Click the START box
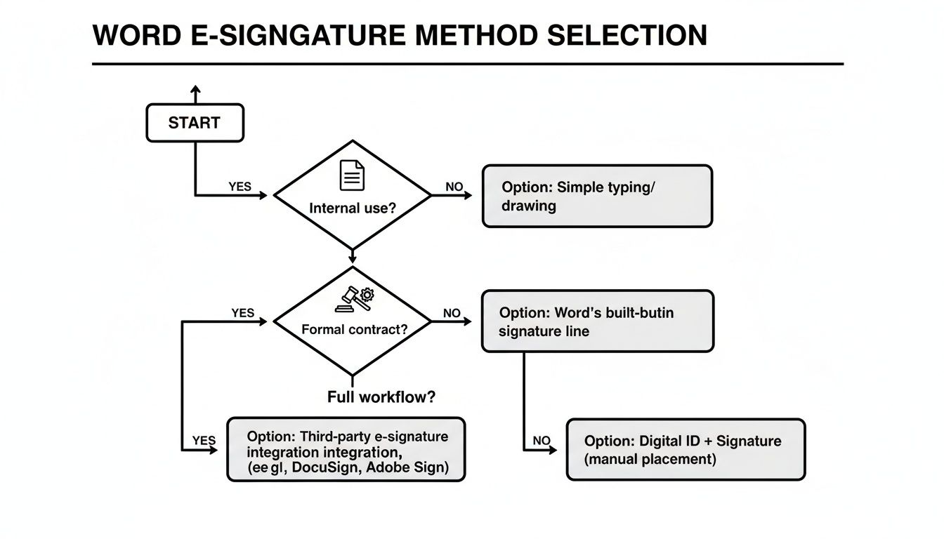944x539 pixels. point(195,123)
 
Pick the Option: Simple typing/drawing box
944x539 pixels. point(597,197)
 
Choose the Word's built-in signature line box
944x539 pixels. point(597,321)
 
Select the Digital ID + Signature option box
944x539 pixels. point(686,450)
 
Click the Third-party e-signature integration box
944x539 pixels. point(346,450)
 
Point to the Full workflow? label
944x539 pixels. point(381,397)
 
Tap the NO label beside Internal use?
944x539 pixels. point(455,187)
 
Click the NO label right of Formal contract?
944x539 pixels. point(452,313)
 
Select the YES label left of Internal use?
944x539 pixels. point(240,187)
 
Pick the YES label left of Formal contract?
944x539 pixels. point(243,313)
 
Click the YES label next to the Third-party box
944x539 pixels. point(204,441)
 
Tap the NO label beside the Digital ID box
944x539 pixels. point(542,441)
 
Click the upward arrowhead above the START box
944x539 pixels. point(195,91)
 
